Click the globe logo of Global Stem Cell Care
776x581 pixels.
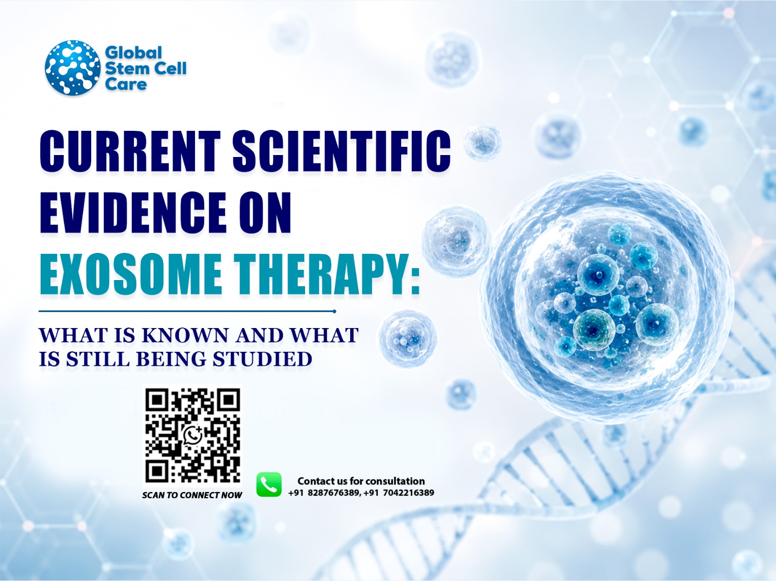click(73, 68)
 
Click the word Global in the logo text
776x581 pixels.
click(133, 53)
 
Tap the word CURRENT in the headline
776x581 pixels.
click(130, 151)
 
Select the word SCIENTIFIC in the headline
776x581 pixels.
click(341, 151)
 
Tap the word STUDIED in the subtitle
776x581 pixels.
click(262, 359)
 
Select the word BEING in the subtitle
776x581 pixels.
click(171, 359)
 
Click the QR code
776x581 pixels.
click(193, 436)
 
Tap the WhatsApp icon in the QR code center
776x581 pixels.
click(193, 435)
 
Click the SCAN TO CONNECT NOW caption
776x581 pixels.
click(192, 495)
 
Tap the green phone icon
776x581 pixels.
click(269, 485)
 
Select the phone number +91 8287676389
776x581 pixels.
click(324, 493)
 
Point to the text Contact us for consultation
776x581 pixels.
click(361, 481)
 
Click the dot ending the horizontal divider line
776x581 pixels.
click(335, 312)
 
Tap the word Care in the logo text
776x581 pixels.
click(126, 84)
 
